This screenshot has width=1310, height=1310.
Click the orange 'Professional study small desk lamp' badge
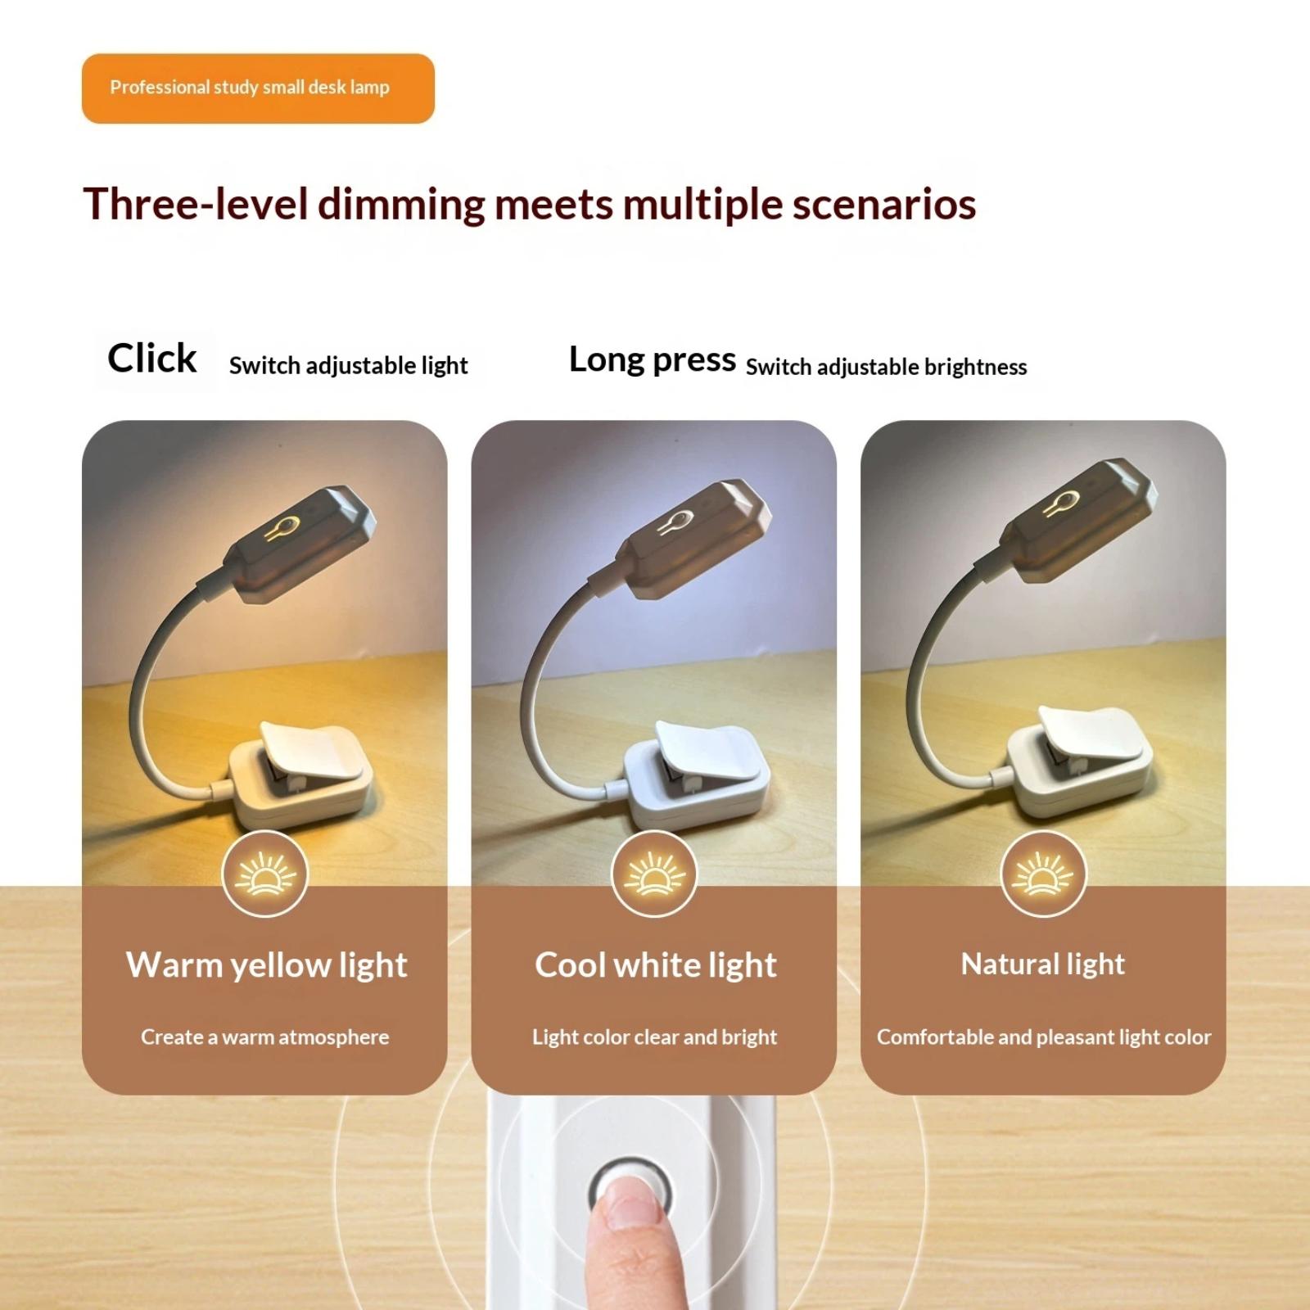tap(258, 88)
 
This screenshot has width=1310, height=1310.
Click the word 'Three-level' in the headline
tap(196, 204)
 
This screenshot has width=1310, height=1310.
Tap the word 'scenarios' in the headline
tap(883, 204)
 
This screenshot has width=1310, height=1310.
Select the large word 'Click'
tap(152, 358)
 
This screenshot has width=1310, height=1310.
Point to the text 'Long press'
tap(653, 360)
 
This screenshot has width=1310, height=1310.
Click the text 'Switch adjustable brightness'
tap(886, 367)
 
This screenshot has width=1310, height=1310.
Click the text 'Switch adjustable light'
tap(348, 365)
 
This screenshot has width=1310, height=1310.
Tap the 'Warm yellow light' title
tap(266, 965)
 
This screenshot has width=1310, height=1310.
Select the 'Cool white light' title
tap(656, 965)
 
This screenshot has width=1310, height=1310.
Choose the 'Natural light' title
tap(1043, 964)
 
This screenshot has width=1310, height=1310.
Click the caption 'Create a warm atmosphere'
tap(265, 1037)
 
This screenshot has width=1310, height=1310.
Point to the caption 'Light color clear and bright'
tap(654, 1037)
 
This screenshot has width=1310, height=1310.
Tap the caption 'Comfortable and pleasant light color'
tap(1044, 1037)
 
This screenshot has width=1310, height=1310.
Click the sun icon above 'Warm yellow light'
tap(264, 874)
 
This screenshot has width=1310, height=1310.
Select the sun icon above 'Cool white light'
tap(654, 874)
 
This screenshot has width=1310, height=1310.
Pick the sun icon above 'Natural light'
tap(1043, 874)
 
